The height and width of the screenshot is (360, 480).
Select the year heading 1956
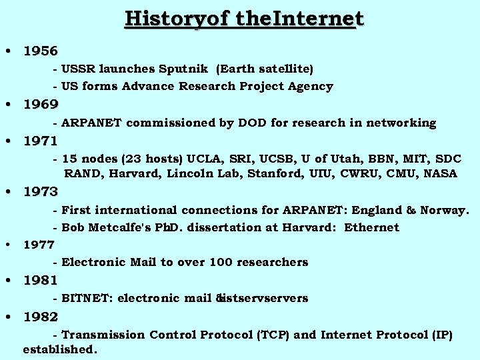pos(41,51)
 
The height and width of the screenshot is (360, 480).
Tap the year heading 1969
pos(41,104)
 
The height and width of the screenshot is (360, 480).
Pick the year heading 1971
pos(41,141)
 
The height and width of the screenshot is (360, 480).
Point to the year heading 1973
pos(41,192)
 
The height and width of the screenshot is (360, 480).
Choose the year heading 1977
pos(39,245)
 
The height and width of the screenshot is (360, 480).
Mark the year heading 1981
pos(41,280)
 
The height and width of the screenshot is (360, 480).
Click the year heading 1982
pos(41,316)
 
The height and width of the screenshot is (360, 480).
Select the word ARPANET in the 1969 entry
pos(92,123)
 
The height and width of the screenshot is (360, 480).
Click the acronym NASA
pos(439,174)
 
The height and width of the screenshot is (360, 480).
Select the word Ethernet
pos(371,227)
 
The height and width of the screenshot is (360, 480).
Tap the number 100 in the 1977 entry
pos(221,262)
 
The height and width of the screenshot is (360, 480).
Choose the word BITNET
pos(87,298)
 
